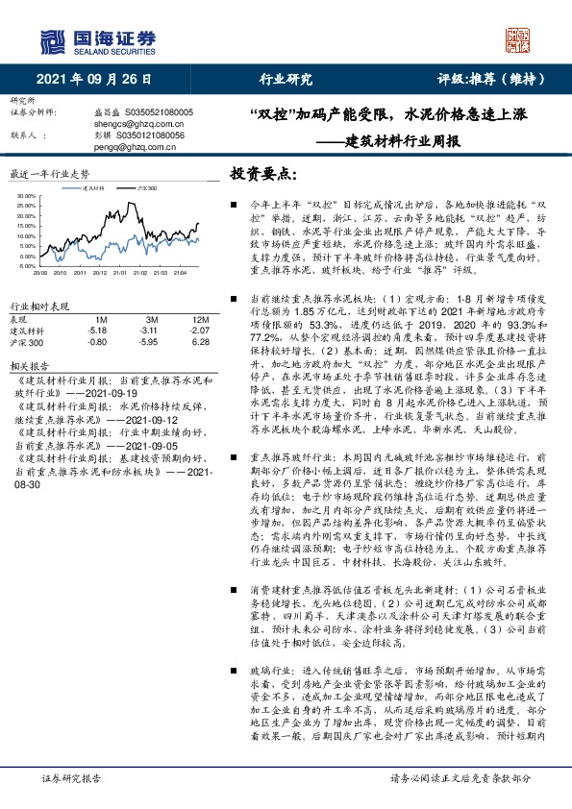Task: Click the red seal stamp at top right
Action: [x=519, y=40]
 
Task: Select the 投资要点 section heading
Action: [x=261, y=174]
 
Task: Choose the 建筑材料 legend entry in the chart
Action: [x=94, y=189]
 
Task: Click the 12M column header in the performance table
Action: [x=200, y=318]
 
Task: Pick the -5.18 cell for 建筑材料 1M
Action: [x=95, y=330]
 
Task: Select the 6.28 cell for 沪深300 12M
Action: [x=200, y=341]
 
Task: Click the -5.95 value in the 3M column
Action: [x=149, y=341]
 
